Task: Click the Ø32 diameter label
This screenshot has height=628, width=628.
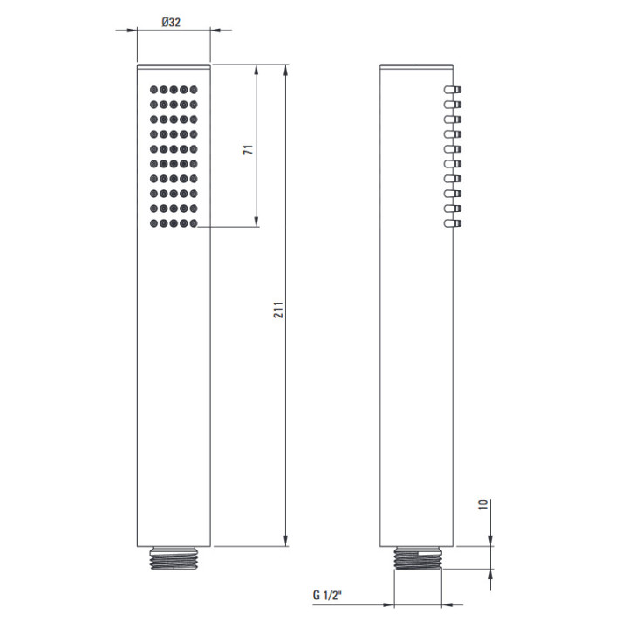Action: point(171,22)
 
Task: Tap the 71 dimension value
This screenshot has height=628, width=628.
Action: point(249,150)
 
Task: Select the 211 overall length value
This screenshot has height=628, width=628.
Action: point(278,310)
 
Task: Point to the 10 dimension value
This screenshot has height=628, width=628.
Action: point(483,504)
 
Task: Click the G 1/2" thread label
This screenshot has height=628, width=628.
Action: point(327,595)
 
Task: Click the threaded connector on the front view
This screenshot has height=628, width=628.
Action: point(174,558)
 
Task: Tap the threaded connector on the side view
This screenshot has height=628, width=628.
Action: point(417,558)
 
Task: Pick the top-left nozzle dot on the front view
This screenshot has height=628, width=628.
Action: point(154,90)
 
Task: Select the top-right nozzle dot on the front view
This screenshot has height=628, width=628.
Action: point(194,90)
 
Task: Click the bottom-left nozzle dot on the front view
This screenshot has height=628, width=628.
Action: point(154,223)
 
